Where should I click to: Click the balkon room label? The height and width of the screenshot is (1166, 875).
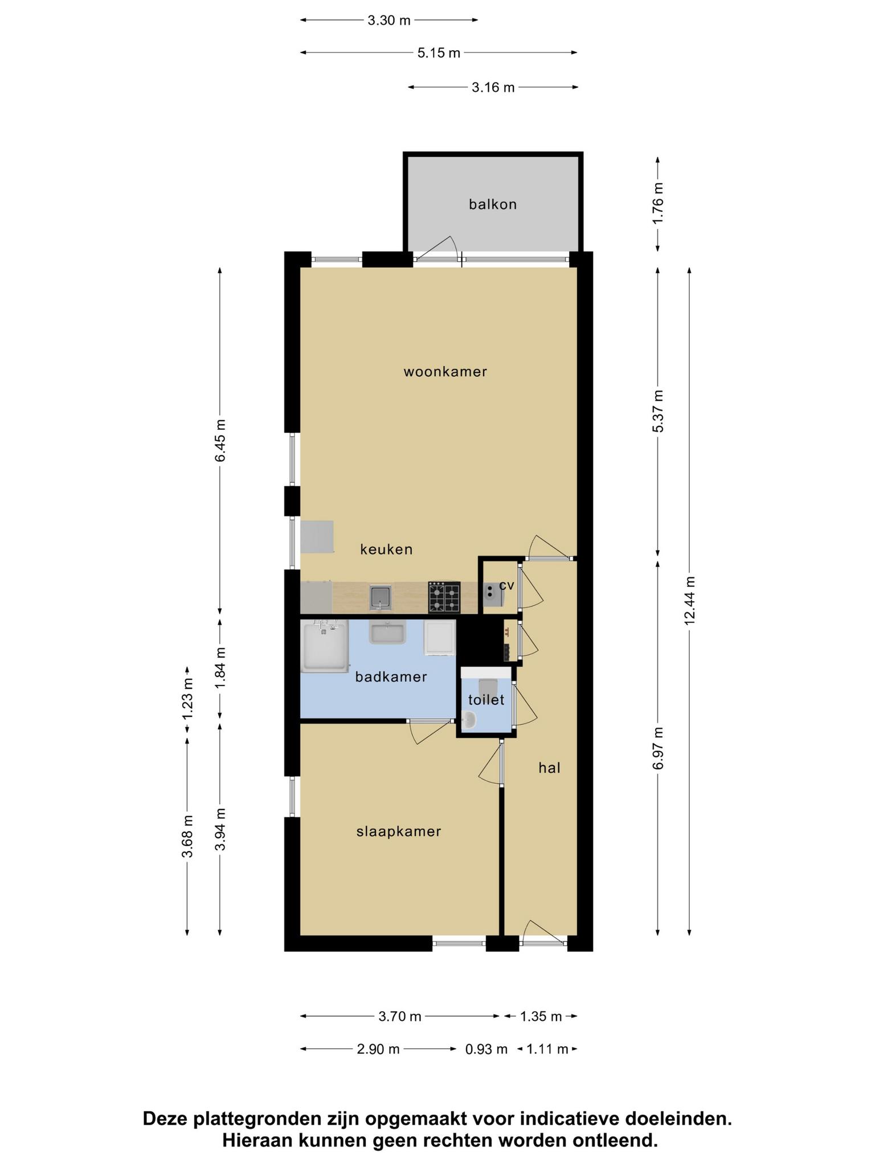(x=493, y=204)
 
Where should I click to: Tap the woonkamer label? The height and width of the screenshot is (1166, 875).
(x=445, y=372)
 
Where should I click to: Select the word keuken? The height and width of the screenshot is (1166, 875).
(x=386, y=549)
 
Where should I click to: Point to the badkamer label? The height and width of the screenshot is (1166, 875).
(x=391, y=677)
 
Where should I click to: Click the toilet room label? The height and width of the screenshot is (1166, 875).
(x=486, y=700)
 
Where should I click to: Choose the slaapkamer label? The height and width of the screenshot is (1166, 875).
(x=399, y=832)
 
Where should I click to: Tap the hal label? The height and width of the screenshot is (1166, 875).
(x=550, y=768)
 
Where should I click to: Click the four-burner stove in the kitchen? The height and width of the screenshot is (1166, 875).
(x=444, y=597)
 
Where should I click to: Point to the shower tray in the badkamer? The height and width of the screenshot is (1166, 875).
(x=325, y=646)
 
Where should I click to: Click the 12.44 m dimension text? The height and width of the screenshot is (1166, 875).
(x=690, y=601)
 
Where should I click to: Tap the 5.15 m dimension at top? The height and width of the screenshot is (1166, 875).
(x=439, y=53)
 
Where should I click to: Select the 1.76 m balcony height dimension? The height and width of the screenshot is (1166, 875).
(x=658, y=203)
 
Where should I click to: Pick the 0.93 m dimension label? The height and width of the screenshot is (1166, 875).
(x=486, y=1049)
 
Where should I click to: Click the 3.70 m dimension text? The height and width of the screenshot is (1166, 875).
(x=400, y=1016)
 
